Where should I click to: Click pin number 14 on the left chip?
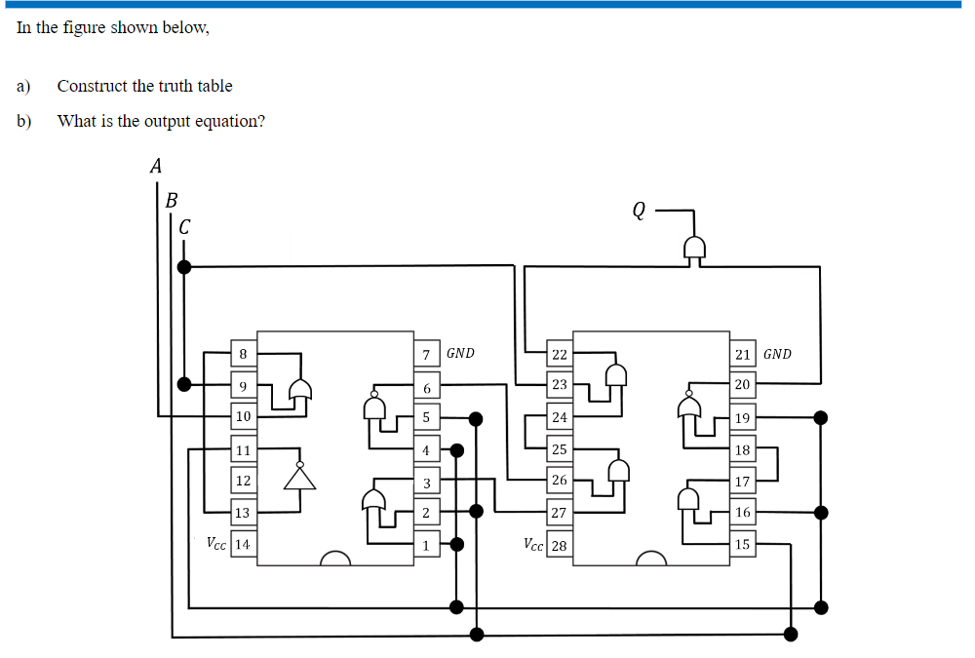(x=242, y=544)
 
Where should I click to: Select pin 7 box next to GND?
(x=426, y=353)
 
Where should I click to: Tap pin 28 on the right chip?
(x=559, y=545)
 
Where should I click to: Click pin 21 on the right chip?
(x=742, y=353)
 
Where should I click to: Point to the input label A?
(x=155, y=167)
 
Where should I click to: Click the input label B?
(x=172, y=201)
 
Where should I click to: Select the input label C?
(x=184, y=226)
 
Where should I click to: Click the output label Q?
(x=639, y=209)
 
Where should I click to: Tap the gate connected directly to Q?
(x=693, y=250)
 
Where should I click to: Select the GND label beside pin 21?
(x=777, y=354)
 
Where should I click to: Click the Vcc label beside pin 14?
(x=216, y=543)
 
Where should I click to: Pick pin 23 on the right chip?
(x=559, y=384)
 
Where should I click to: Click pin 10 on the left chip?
(x=242, y=417)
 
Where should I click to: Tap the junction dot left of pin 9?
(x=184, y=384)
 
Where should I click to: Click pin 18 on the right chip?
(x=742, y=449)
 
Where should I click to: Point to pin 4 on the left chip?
(x=426, y=449)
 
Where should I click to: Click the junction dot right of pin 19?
(x=821, y=418)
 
